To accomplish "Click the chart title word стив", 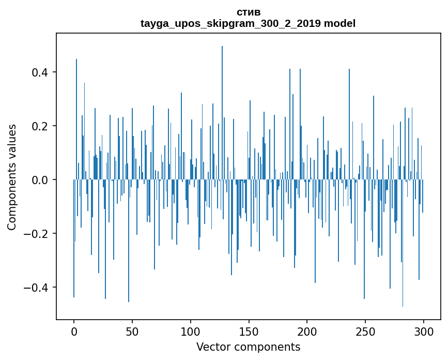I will point(248,12).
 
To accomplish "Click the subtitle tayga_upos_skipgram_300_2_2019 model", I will point(248,24).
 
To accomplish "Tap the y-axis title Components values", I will point(12,177).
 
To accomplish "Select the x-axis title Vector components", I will point(248,347).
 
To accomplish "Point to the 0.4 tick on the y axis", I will point(43,72).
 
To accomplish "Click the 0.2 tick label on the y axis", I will point(43,126).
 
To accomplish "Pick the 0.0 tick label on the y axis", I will point(43,180).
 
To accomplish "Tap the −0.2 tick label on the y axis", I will point(40,234).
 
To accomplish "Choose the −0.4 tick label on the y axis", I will point(40,288).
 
